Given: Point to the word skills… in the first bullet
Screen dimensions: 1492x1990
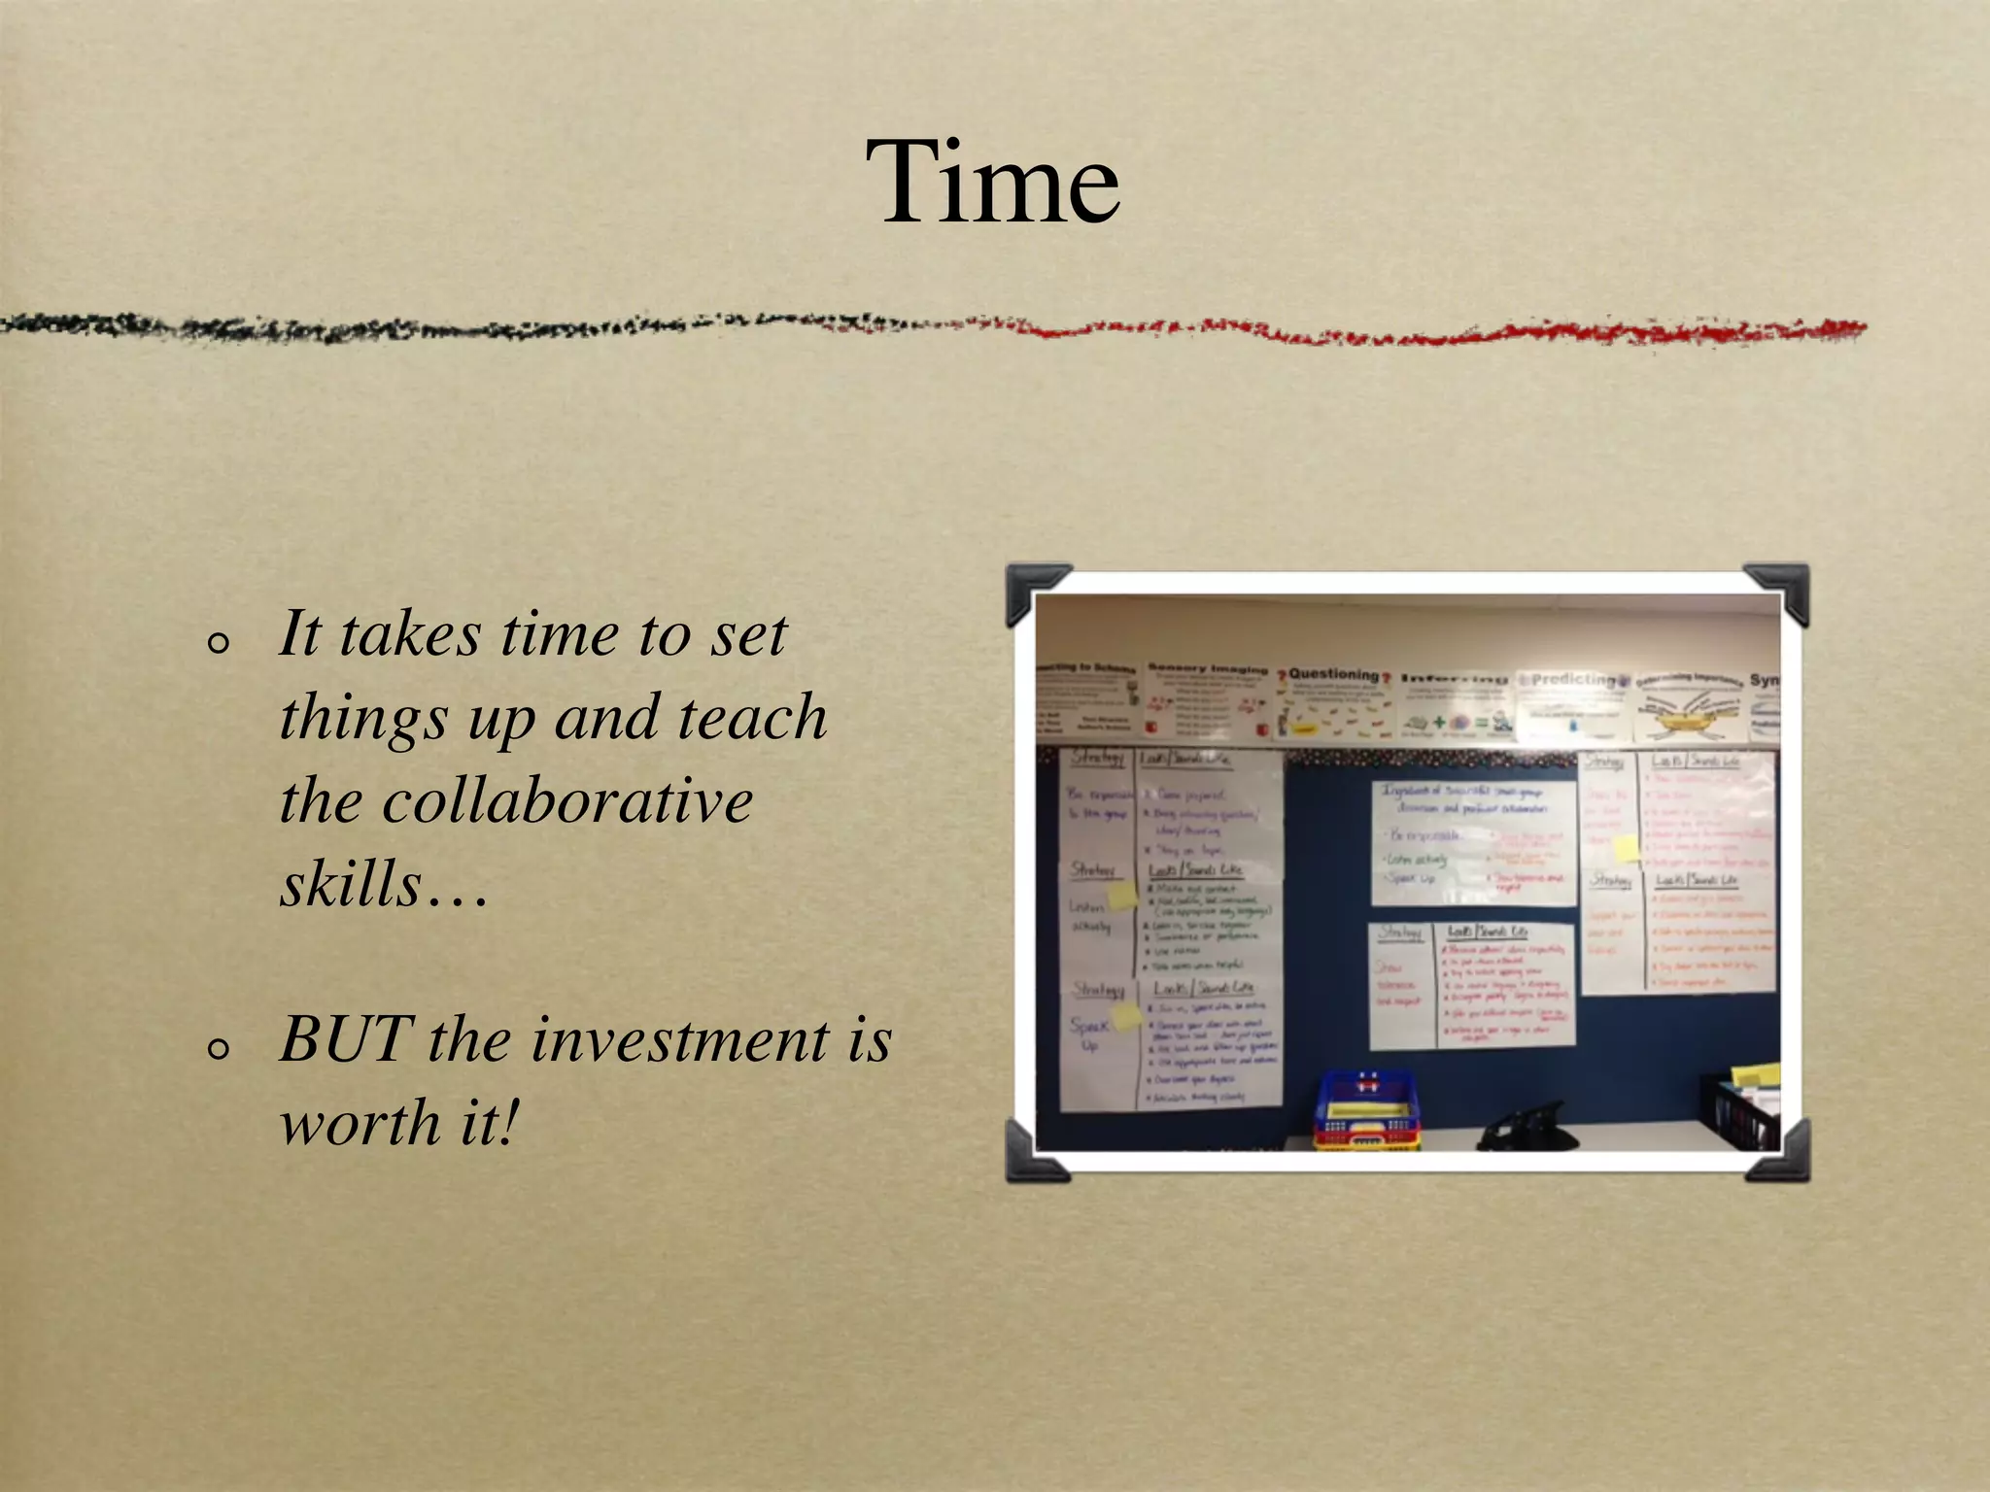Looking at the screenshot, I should [384, 885].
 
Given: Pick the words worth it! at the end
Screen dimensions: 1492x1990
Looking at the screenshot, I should [398, 1124].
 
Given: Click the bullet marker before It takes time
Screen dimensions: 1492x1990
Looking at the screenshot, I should [219, 642].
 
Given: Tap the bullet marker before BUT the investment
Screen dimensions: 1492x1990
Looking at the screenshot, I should [219, 1048].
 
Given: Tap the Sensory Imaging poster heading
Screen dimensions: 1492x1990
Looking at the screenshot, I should [1207, 668].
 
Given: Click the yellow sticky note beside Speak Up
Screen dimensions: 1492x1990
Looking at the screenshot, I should [1126, 1016].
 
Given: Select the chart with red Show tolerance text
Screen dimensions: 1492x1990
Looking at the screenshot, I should [1471, 984].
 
